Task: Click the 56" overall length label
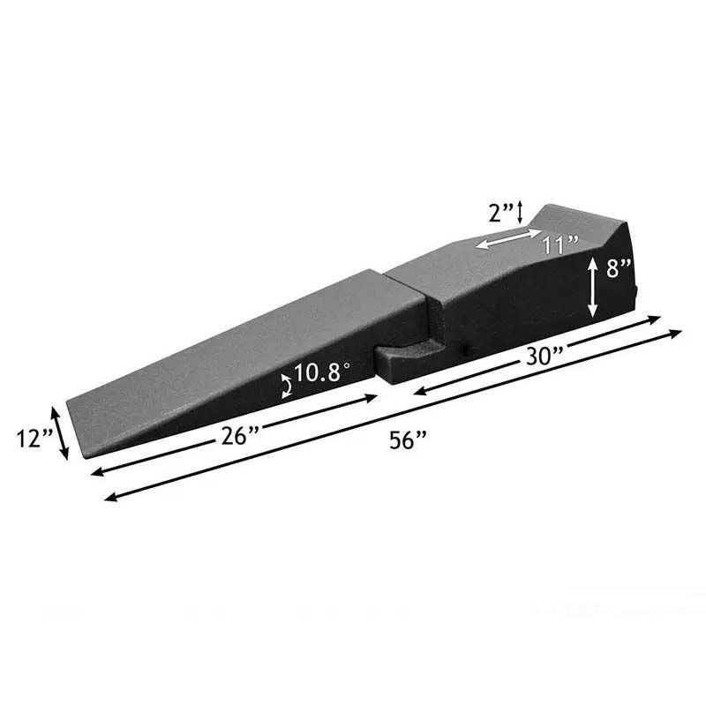408,439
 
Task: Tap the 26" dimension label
239,435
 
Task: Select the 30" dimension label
545,357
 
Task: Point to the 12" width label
34,438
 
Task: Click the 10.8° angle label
322,372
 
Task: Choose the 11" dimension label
560,245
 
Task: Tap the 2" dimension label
501,213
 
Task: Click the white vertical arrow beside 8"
592,287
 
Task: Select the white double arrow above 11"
508,238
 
